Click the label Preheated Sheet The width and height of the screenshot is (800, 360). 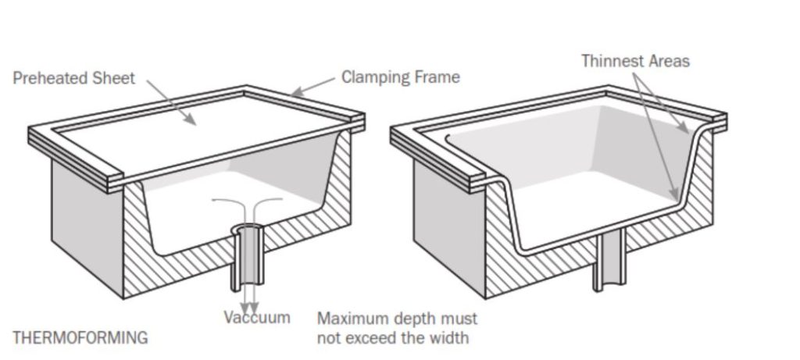pyautogui.click(x=73, y=78)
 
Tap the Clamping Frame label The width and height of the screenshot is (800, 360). pyautogui.click(x=400, y=77)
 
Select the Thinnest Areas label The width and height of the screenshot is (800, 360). pyautogui.click(x=635, y=61)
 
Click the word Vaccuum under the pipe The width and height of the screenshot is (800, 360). pyautogui.click(x=257, y=317)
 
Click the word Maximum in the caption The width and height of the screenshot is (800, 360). pyautogui.click(x=349, y=319)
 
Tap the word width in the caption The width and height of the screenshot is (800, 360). pyautogui.click(x=452, y=337)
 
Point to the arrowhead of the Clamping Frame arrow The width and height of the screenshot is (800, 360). pyautogui.click(x=295, y=94)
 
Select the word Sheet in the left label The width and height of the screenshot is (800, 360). pyautogui.click(x=116, y=78)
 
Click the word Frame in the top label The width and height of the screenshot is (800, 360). pyautogui.click(x=438, y=77)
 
